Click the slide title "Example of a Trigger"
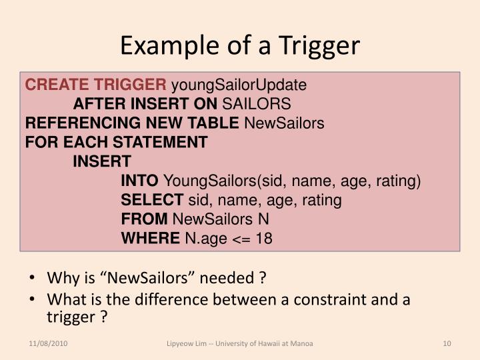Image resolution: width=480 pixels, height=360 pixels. pyautogui.click(x=240, y=45)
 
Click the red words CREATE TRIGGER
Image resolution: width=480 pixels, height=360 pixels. pyautogui.click(x=97, y=85)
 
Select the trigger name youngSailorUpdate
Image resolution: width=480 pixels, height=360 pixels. pyautogui.click(x=239, y=85)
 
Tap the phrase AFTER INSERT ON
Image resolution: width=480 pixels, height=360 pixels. pyautogui.click(x=145, y=104)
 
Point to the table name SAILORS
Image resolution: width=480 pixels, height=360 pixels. pyautogui.click(x=256, y=104)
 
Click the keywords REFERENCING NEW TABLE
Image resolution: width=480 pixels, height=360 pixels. pyautogui.click(x=132, y=123)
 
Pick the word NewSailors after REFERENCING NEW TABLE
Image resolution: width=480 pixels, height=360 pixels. pyautogui.click(x=284, y=123)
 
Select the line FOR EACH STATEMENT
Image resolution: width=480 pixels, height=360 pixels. pyautogui.click(x=116, y=143)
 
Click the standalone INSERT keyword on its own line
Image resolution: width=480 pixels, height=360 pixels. pyautogui.click(x=102, y=161)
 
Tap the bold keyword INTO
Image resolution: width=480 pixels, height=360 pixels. pyautogui.click(x=139, y=181)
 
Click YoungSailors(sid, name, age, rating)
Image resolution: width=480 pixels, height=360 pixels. pyautogui.click(x=292, y=181)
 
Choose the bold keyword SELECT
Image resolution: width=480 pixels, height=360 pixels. pyautogui.click(x=152, y=200)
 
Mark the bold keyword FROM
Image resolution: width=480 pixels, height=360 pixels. pyautogui.click(x=145, y=219)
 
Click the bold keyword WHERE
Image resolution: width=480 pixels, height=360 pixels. pyautogui.click(x=150, y=238)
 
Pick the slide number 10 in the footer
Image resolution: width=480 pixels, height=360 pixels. pyautogui.click(x=447, y=343)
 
